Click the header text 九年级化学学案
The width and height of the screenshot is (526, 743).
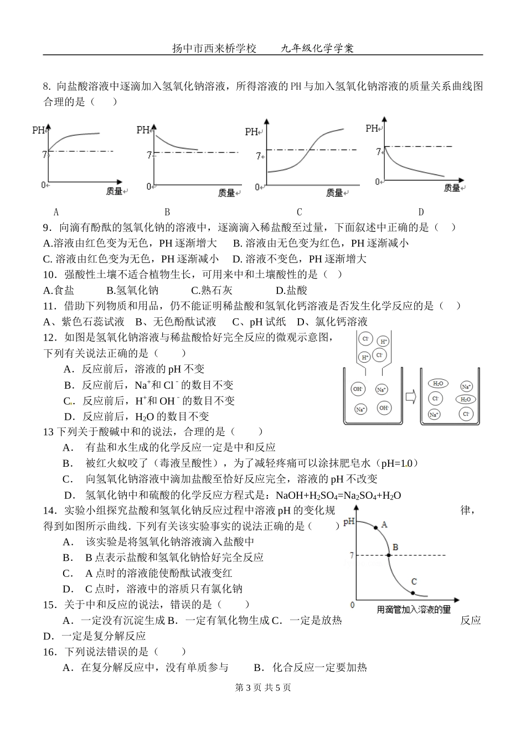(317, 48)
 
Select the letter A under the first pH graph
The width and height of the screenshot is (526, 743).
(56, 211)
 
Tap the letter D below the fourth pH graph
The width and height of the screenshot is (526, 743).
(421, 211)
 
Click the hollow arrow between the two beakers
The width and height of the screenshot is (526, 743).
(410, 396)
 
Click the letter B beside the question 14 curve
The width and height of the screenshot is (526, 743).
(395, 548)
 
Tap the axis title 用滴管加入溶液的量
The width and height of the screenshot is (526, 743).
(413, 610)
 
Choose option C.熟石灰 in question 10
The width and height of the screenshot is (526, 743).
(212, 290)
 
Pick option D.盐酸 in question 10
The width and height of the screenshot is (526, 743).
(291, 290)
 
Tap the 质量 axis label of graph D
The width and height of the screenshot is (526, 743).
(452, 188)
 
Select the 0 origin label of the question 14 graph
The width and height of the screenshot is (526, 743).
(352, 605)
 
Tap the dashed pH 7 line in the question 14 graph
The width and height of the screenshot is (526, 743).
(421, 555)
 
